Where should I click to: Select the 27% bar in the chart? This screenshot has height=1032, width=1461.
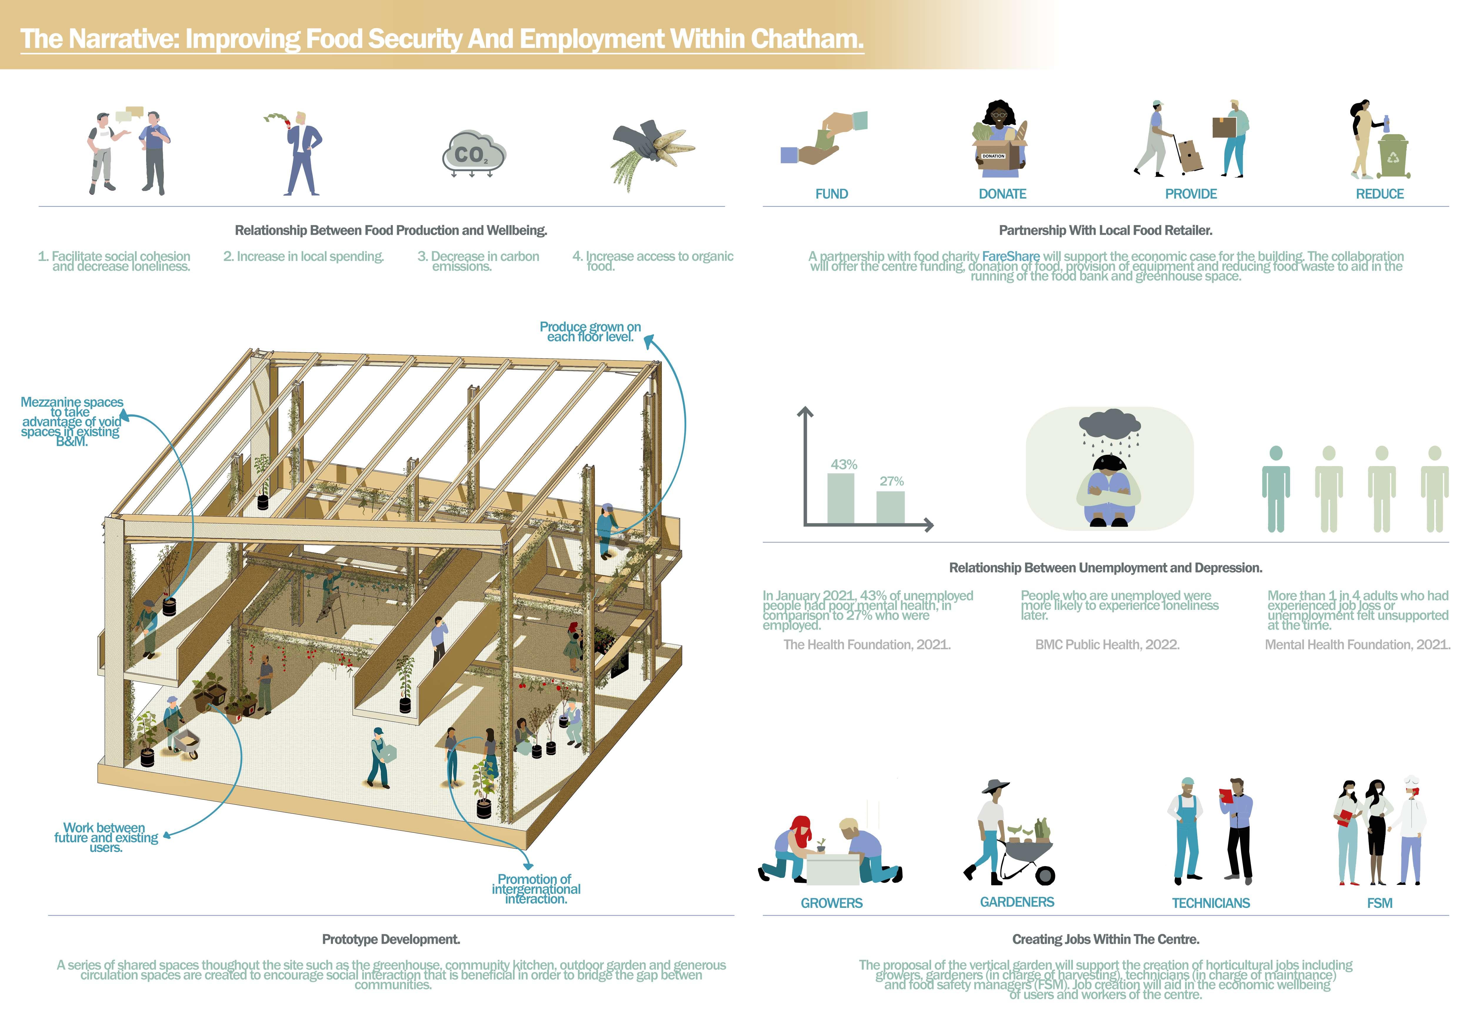coord(890,507)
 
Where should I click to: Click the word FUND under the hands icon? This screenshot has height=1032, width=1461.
coord(832,194)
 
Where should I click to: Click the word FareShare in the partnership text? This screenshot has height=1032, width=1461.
coord(1011,257)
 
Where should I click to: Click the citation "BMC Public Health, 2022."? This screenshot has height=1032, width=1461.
coord(1107,645)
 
